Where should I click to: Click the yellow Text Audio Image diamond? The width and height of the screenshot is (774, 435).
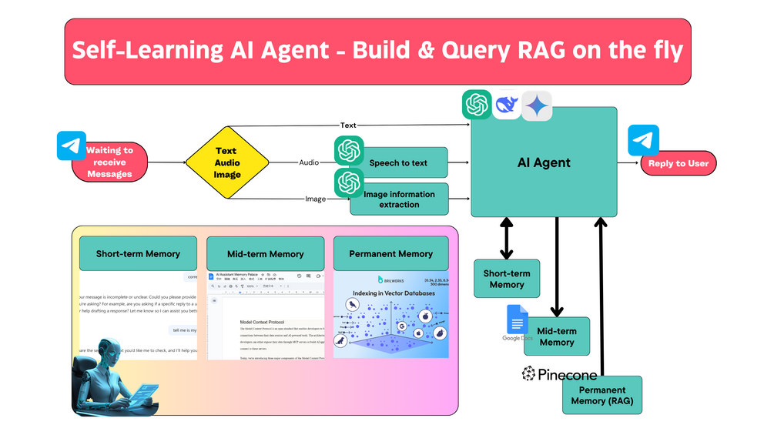pyautogui.click(x=227, y=163)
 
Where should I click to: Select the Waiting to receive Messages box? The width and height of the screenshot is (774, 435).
pyautogui.click(x=109, y=162)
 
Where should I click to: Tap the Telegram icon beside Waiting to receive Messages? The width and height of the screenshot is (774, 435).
pyautogui.click(x=72, y=146)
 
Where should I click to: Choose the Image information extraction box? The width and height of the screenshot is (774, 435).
pyautogui.click(x=399, y=199)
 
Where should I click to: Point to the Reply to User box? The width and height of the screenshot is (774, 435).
pyautogui.click(x=678, y=163)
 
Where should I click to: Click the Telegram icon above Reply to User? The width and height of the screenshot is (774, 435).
pyautogui.click(x=643, y=139)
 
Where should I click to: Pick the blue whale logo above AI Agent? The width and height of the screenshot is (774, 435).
pyautogui.click(x=507, y=105)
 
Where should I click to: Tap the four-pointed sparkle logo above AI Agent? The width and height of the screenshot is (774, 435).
pyautogui.click(x=537, y=105)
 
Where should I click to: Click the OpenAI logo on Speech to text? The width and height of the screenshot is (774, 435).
pyautogui.click(x=349, y=150)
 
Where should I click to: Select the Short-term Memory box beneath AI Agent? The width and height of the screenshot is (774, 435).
pyautogui.click(x=506, y=279)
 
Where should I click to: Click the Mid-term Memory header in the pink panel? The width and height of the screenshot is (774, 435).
pyautogui.click(x=265, y=253)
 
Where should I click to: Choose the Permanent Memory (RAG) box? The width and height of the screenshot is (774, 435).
pyautogui.click(x=601, y=396)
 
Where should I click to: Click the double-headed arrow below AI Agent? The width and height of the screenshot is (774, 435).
pyautogui.click(x=506, y=238)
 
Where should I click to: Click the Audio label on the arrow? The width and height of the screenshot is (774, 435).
pyautogui.click(x=309, y=162)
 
